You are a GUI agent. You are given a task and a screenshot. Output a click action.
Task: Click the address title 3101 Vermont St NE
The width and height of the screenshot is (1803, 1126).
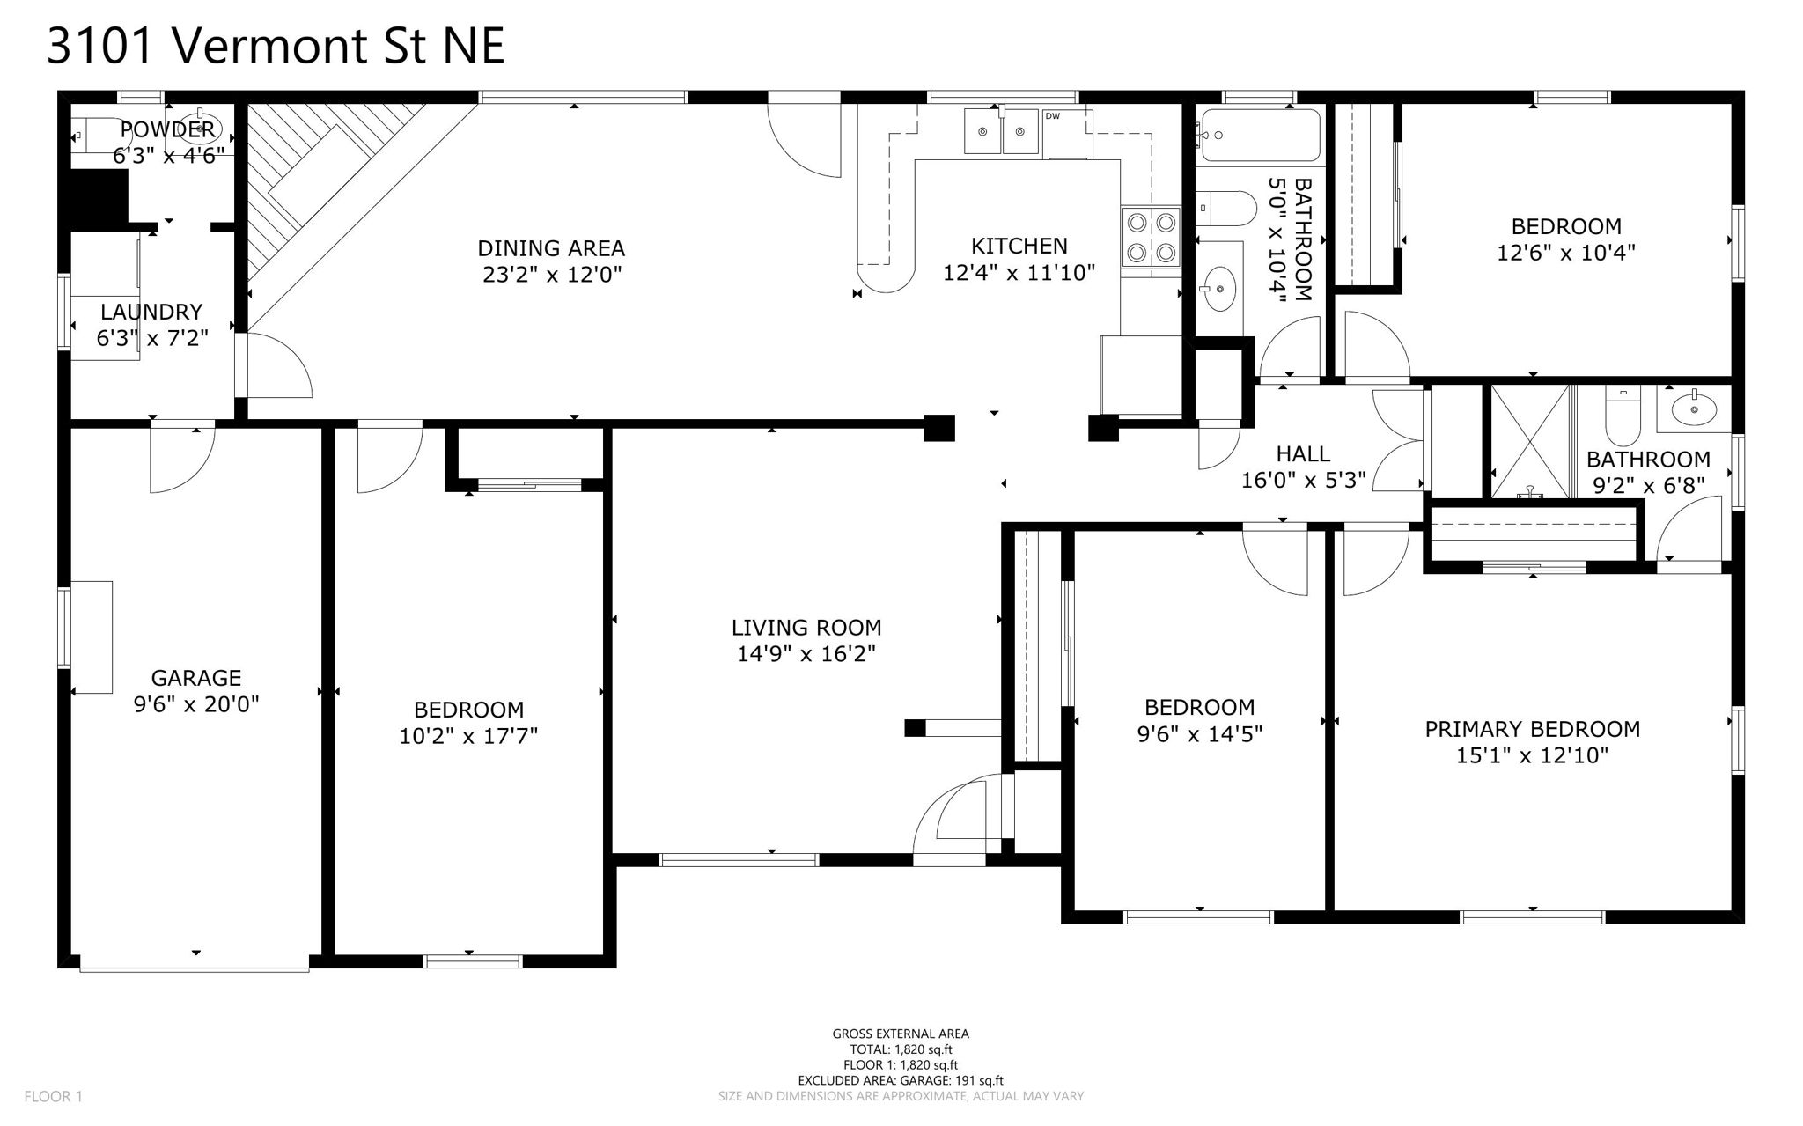point(275,46)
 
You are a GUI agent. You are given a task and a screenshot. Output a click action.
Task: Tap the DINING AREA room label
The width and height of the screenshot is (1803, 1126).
point(551,248)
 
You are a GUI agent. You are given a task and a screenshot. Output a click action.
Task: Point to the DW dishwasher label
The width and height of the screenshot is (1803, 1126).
point(1052,116)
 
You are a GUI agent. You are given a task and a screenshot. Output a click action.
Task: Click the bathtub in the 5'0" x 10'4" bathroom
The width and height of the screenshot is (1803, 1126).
point(1260,136)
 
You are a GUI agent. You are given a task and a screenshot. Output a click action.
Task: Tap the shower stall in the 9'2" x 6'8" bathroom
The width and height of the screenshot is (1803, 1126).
point(1531,442)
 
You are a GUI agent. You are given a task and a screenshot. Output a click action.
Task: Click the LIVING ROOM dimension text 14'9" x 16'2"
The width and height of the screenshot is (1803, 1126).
point(806,654)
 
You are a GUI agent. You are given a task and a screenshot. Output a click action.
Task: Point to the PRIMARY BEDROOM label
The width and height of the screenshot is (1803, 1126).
point(1532,729)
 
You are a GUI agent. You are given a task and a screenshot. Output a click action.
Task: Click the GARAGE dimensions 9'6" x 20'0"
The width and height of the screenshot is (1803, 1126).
point(196,704)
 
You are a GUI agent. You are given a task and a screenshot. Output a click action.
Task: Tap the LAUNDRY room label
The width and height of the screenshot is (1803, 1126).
point(151,312)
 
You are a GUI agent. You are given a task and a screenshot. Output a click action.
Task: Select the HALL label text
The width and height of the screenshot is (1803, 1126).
point(1303,454)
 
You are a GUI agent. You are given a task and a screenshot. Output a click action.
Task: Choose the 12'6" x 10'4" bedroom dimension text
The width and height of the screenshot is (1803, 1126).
point(1566,253)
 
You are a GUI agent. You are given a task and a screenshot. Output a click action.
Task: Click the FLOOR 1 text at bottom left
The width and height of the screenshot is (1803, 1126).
point(53,1096)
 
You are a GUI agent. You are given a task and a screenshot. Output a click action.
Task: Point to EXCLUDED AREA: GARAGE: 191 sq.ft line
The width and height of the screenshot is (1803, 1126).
point(900,1080)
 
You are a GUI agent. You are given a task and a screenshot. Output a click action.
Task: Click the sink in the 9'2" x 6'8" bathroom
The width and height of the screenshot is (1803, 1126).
point(1693,409)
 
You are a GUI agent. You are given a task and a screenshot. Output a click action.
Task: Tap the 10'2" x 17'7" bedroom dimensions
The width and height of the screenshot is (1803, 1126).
point(468,736)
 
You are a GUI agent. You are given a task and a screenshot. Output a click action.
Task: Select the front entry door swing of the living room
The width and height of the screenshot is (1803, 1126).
point(960,814)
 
